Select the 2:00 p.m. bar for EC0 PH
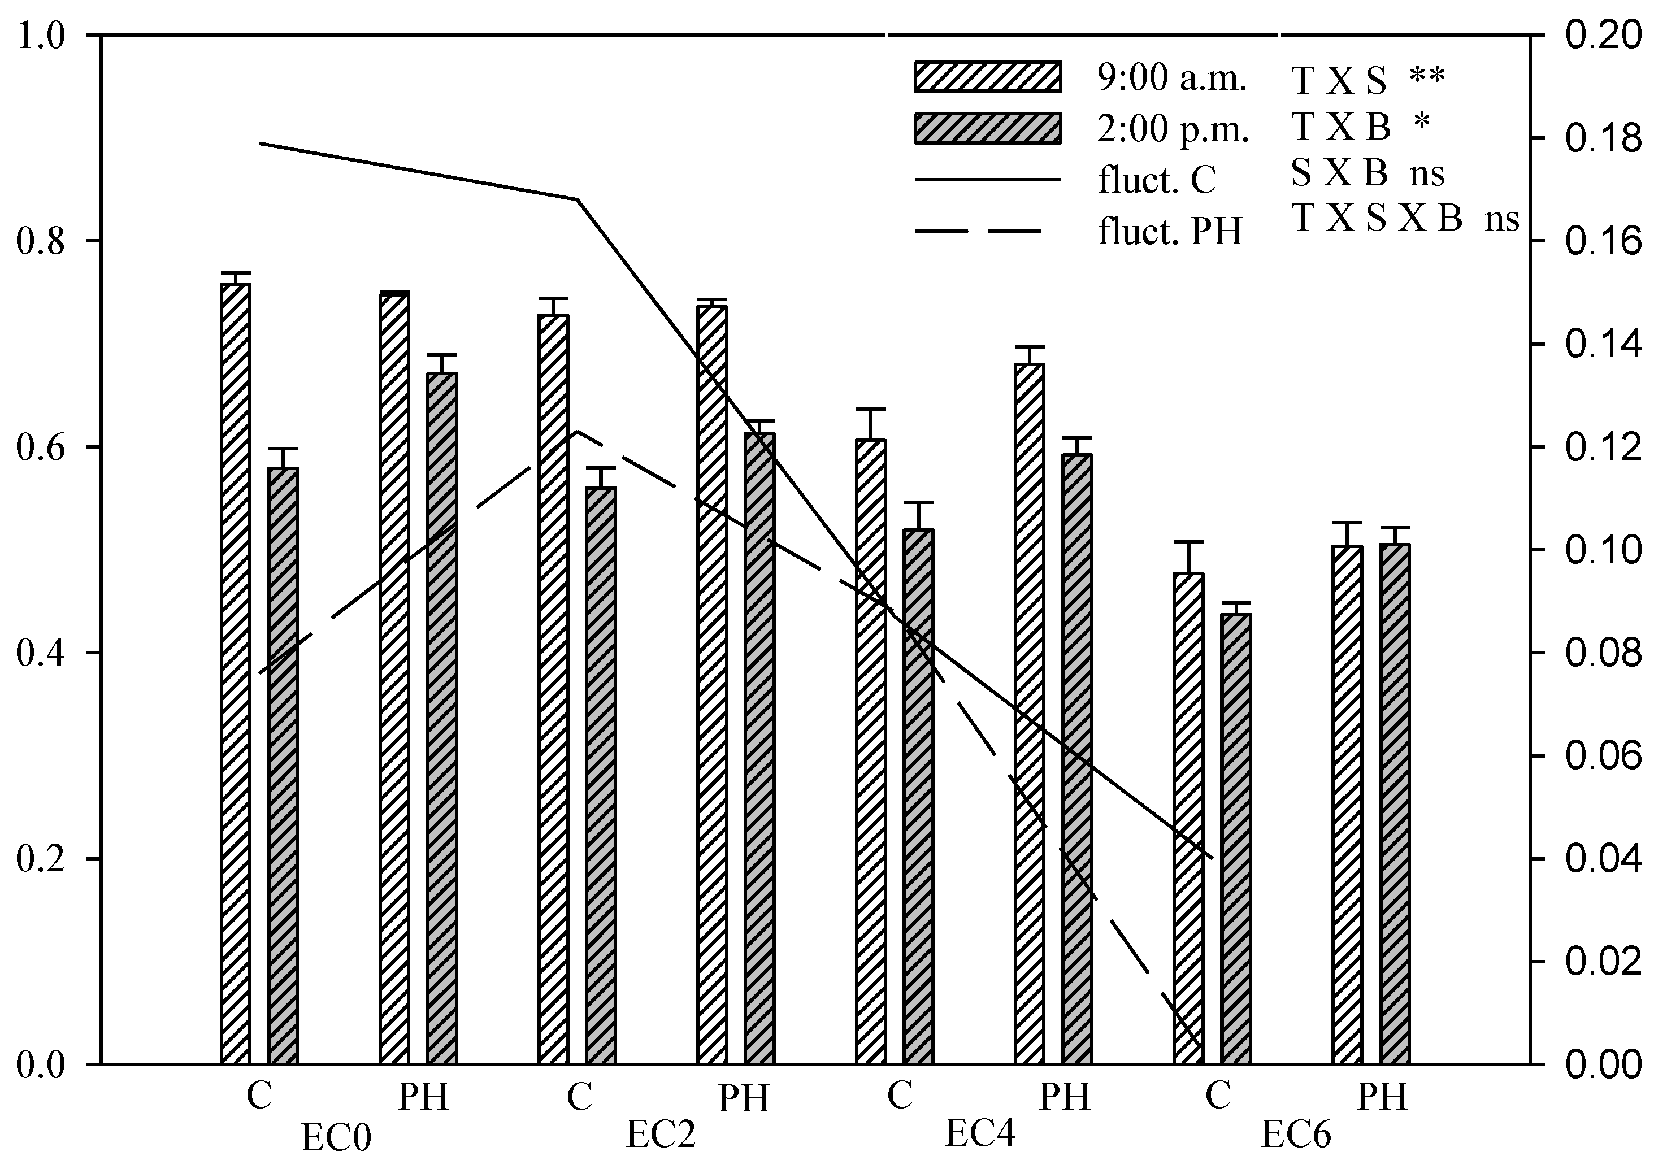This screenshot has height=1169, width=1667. (x=442, y=719)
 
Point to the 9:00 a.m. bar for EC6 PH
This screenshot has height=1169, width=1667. (x=1348, y=805)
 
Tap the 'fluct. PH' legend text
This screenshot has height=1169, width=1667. (x=1170, y=232)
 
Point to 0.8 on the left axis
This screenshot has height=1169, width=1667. (x=42, y=241)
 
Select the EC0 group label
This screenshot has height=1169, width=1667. (x=336, y=1138)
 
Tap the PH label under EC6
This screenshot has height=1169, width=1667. (x=1382, y=1096)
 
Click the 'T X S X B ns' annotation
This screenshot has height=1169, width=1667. (x=1405, y=218)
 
